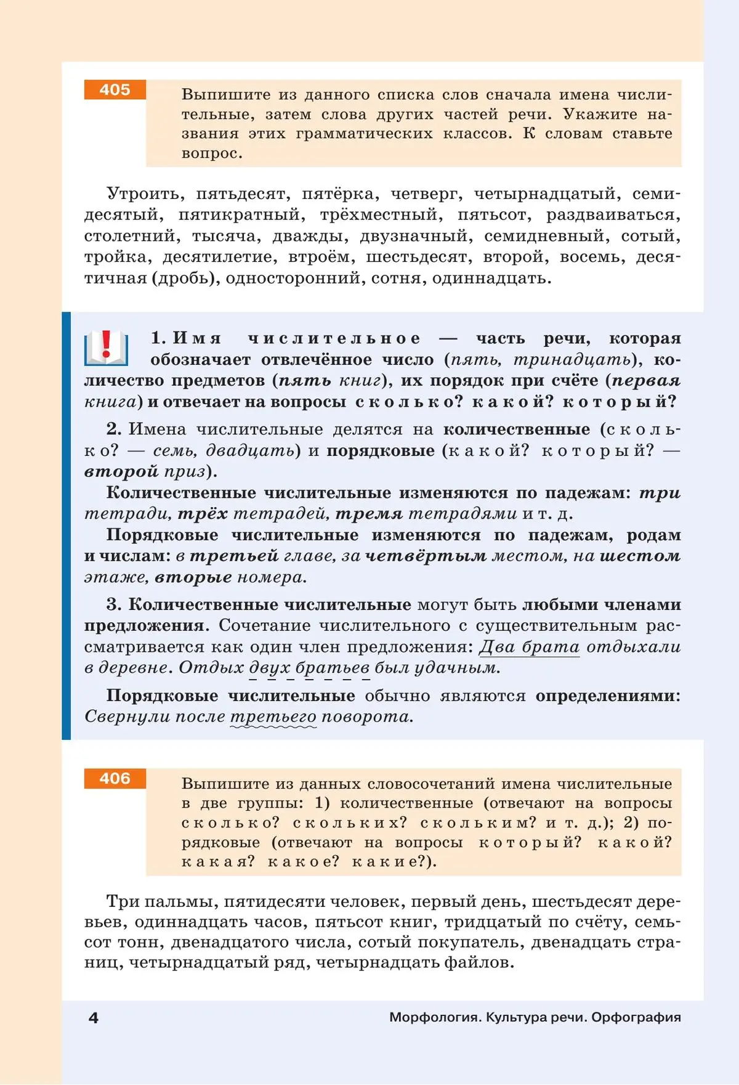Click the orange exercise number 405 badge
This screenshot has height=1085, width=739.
point(115,90)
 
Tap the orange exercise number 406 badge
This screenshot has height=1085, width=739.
point(115,779)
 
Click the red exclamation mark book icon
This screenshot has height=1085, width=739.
point(106,347)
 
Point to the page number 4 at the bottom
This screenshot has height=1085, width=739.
point(94,1018)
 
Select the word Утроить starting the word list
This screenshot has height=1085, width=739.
point(145,194)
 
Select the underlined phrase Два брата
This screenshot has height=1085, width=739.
point(529,647)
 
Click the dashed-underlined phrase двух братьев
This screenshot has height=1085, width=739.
point(309,668)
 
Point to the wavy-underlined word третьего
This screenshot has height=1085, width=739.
point(273,717)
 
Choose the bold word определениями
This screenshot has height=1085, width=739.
point(608,696)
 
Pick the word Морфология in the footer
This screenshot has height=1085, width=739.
point(434,1017)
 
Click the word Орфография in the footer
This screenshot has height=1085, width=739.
point(636,1017)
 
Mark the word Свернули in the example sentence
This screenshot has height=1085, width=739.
point(127,717)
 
